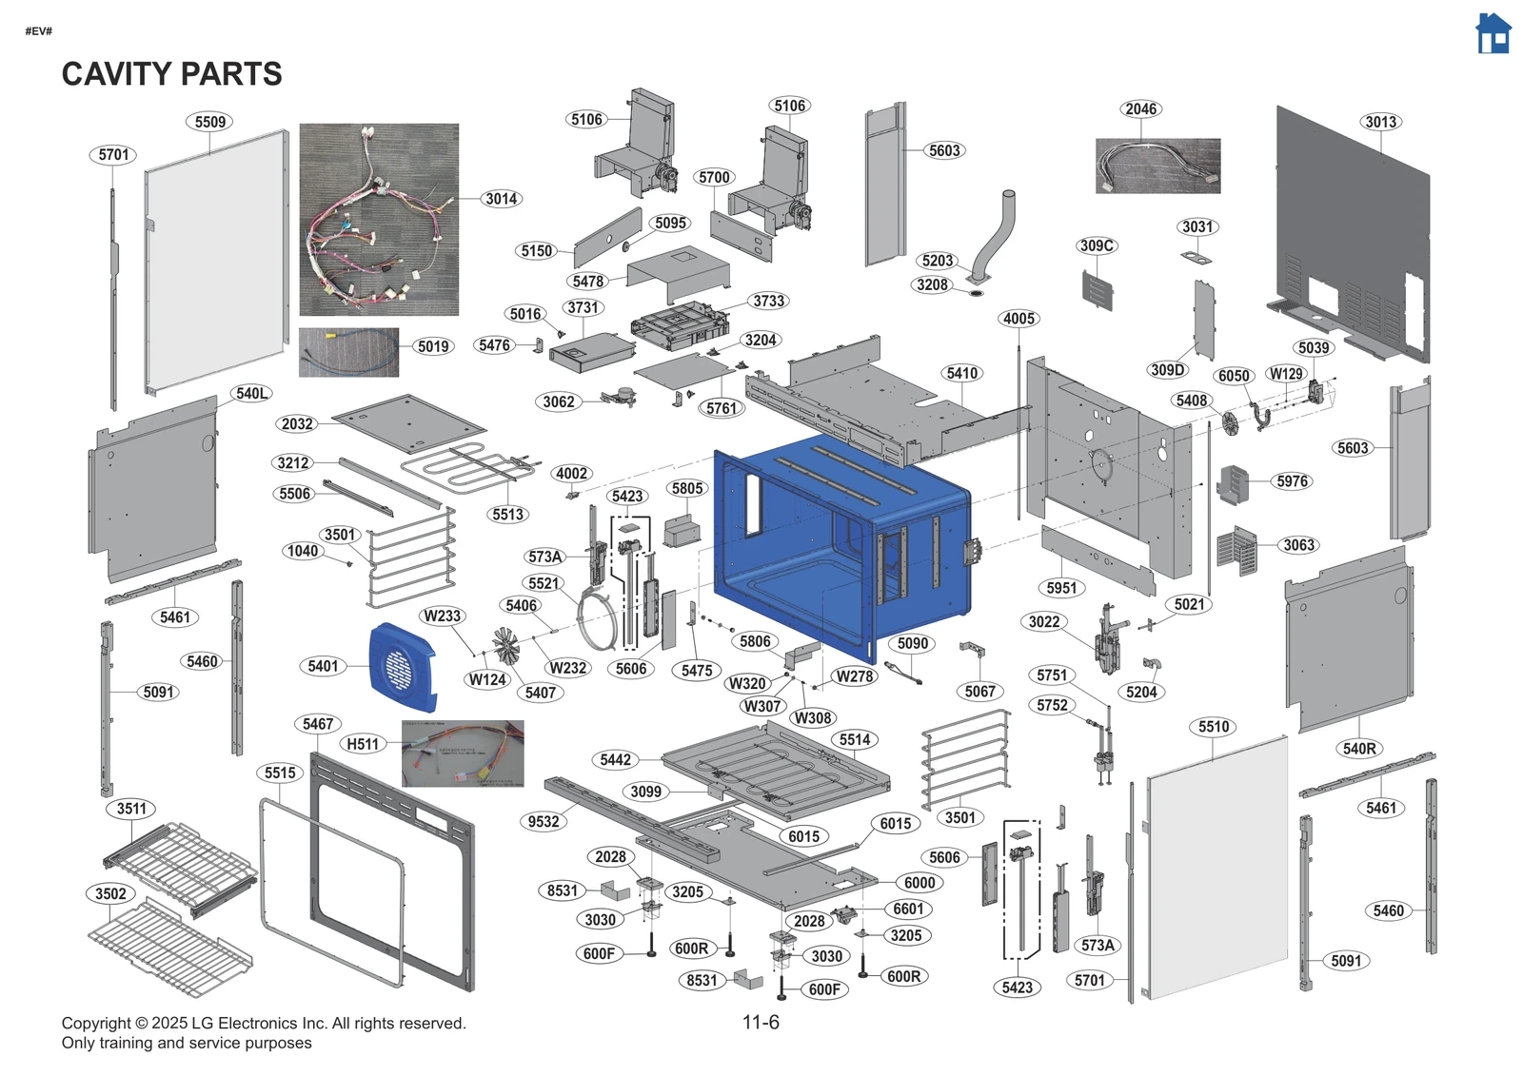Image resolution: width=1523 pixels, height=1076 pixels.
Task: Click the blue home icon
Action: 1493,34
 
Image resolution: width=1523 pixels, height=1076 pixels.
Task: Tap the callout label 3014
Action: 501,199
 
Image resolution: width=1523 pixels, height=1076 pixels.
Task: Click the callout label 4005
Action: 1019,319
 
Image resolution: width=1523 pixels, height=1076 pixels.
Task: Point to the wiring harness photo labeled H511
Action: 463,753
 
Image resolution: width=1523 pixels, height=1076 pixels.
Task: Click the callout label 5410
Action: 961,373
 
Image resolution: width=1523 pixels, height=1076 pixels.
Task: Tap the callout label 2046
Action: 1140,109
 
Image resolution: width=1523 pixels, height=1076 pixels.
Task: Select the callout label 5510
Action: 1214,727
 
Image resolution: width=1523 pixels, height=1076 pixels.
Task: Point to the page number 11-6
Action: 761,1023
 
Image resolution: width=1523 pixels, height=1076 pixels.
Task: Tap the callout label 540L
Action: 251,393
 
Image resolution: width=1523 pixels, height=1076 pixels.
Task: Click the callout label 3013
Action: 1380,122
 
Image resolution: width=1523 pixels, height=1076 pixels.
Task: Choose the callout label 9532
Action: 544,821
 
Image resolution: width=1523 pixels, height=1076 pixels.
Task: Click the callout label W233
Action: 442,616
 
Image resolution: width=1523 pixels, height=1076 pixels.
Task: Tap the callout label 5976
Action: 1292,481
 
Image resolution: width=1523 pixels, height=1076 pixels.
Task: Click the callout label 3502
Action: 110,893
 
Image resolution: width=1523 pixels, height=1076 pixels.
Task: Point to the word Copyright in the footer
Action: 96,1024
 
